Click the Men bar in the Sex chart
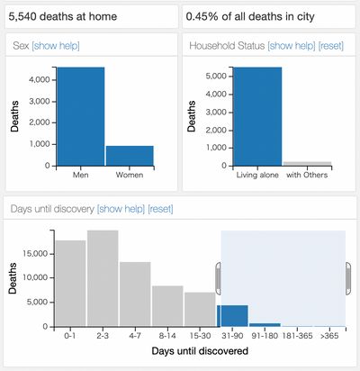point(80,116)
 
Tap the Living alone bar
point(257,116)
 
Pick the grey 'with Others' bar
point(307,163)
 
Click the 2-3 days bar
point(103,279)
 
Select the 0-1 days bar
point(70,285)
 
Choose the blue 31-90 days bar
point(232,316)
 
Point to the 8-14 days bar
point(167,307)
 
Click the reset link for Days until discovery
point(160,209)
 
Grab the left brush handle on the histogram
point(217,277)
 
